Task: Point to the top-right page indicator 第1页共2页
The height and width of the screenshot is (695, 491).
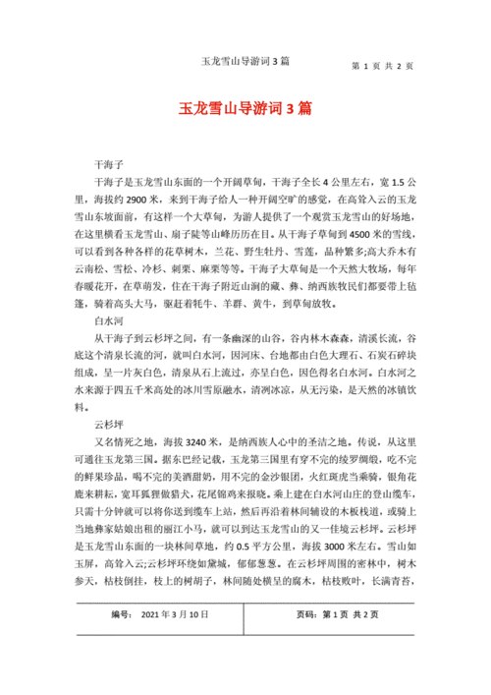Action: point(382,66)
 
